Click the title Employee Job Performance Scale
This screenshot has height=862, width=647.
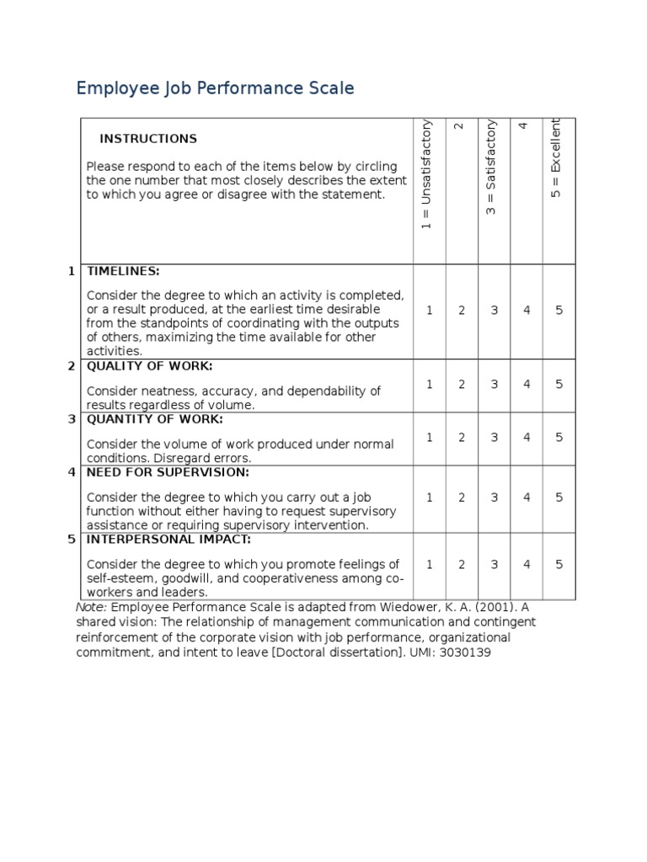(215, 88)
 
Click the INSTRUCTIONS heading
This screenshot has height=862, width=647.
(148, 139)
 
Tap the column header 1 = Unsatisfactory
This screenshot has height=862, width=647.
(428, 174)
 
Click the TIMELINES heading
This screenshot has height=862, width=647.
(123, 271)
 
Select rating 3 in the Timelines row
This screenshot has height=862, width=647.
(495, 311)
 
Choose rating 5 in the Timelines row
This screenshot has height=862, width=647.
(559, 311)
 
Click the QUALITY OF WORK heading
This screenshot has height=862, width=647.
(150, 366)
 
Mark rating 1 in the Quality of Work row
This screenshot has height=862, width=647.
(429, 385)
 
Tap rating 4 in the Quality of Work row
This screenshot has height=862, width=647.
(527, 385)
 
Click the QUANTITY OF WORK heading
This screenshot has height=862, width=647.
(155, 419)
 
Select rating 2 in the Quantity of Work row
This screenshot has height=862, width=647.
(462, 438)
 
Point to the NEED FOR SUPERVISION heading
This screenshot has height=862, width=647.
(168, 472)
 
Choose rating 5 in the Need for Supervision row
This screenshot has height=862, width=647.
(559, 498)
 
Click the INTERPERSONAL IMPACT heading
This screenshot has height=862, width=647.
(169, 540)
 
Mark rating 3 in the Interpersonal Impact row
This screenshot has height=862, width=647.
(495, 565)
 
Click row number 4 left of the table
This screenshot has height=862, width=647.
(72, 472)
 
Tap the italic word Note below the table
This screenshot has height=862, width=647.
(91, 607)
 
